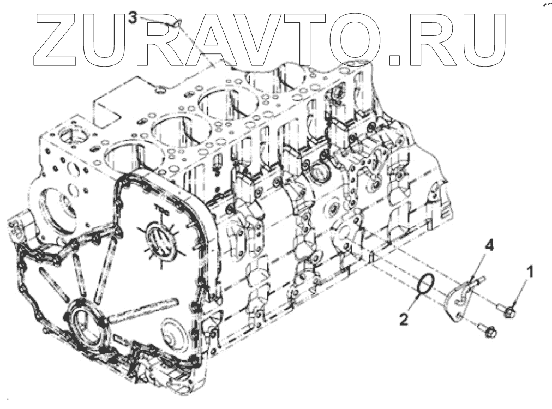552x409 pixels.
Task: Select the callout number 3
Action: [x=133, y=17]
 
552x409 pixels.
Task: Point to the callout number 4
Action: [x=489, y=247]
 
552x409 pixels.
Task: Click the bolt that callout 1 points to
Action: [x=508, y=311]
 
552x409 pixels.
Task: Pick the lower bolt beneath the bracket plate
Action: [x=488, y=329]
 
